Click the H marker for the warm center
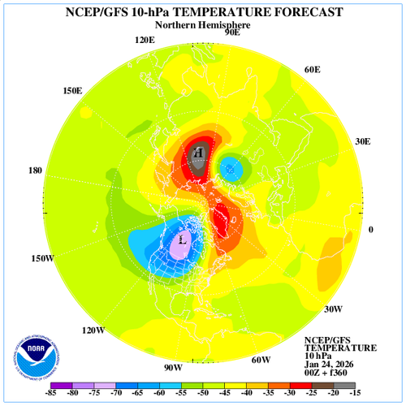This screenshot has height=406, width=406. coord(198,152)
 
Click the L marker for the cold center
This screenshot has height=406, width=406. coord(183,240)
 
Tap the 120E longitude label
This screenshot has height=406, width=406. coord(145,40)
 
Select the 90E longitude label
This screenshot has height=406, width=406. coord(231,32)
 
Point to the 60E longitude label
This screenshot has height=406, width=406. coord(313,70)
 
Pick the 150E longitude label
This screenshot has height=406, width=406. coord(72,90)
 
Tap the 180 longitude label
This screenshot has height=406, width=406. coord(34,171)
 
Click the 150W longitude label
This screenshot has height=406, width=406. coord(42,258)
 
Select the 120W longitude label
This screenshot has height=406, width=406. coord(93,330)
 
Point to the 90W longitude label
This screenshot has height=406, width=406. coord(173,368)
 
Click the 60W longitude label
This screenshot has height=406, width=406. coord(260,360)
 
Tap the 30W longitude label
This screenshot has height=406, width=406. coord(333,309)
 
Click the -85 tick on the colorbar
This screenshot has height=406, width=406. coord(50,394)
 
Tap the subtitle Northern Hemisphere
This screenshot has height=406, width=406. coord(202,25)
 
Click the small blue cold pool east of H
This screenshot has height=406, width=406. coord(231,169)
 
